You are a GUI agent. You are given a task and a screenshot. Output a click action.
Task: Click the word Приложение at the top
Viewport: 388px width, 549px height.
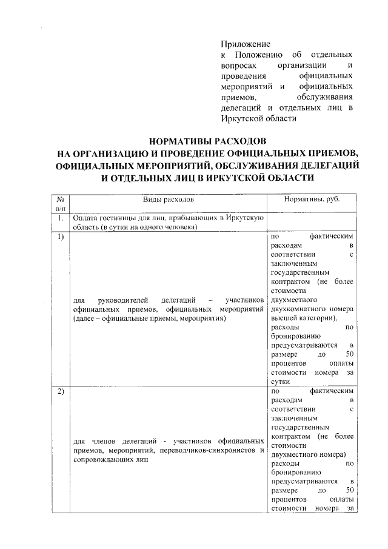click(245, 44)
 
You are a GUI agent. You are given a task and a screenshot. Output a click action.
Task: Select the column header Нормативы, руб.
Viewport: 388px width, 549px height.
click(312, 199)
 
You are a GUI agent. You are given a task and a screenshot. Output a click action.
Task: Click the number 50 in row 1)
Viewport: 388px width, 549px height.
click(349, 354)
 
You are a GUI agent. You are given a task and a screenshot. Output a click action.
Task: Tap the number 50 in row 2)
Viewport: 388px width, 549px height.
click(349, 490)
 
